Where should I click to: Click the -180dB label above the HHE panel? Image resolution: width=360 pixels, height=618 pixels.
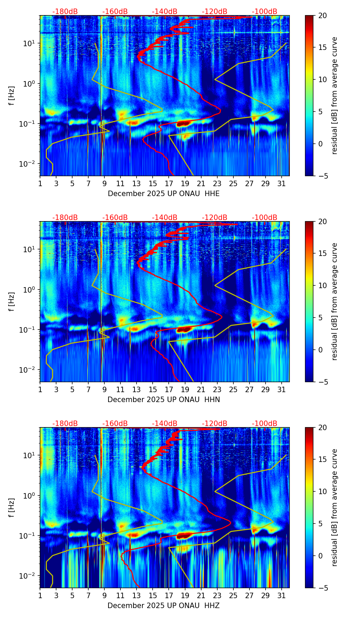coord(65,12)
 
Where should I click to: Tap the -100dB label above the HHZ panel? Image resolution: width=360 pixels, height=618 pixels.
coord(265,424)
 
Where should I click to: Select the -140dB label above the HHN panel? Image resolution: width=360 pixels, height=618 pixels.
coord(165,218)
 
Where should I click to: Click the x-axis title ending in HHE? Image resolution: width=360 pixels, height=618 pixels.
coord(164,194)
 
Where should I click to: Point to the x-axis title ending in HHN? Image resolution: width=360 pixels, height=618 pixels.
coord(164,400)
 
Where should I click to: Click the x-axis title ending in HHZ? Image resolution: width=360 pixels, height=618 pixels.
coord(164,606)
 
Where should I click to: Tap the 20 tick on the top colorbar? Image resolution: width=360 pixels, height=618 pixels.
coord(322,15)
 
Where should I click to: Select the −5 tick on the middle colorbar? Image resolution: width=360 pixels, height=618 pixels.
coord(322,382)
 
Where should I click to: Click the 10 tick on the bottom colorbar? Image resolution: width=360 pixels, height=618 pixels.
coord(322,492)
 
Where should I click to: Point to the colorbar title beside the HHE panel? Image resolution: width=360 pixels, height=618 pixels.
coord(334,95)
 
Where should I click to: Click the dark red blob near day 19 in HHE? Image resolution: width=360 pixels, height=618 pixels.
coord(183,124)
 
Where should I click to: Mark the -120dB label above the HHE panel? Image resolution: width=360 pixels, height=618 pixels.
coord(215,12)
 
